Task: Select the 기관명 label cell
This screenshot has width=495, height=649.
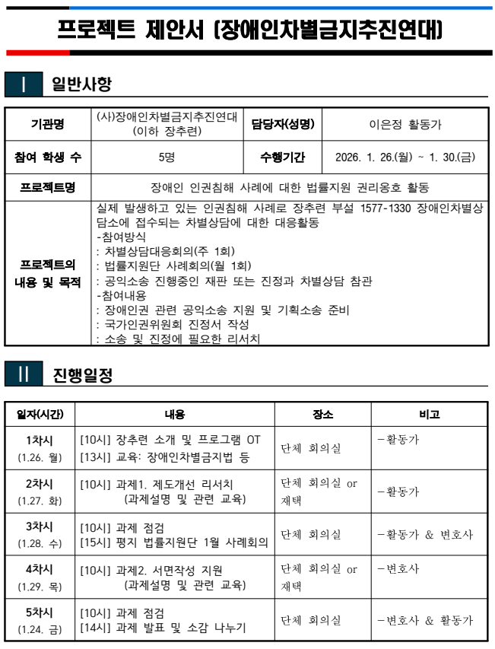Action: coord(48,125)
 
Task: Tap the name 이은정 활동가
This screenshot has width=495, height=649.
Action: coord(405,125)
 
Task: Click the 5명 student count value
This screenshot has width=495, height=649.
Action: coord(167,157)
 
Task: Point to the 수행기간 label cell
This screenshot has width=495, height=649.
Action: coord(282,157)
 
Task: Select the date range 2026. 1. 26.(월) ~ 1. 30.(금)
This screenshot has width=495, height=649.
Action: coord(405,157)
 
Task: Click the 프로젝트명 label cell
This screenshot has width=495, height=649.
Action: coord(48,186)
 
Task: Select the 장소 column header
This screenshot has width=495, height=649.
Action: coord(322,415)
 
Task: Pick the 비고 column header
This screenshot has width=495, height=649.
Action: coord(430,415)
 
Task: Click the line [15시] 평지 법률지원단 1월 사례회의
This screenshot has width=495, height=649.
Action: coord(174,542)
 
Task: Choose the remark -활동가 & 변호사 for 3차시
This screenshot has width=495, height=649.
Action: coord(425,535)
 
